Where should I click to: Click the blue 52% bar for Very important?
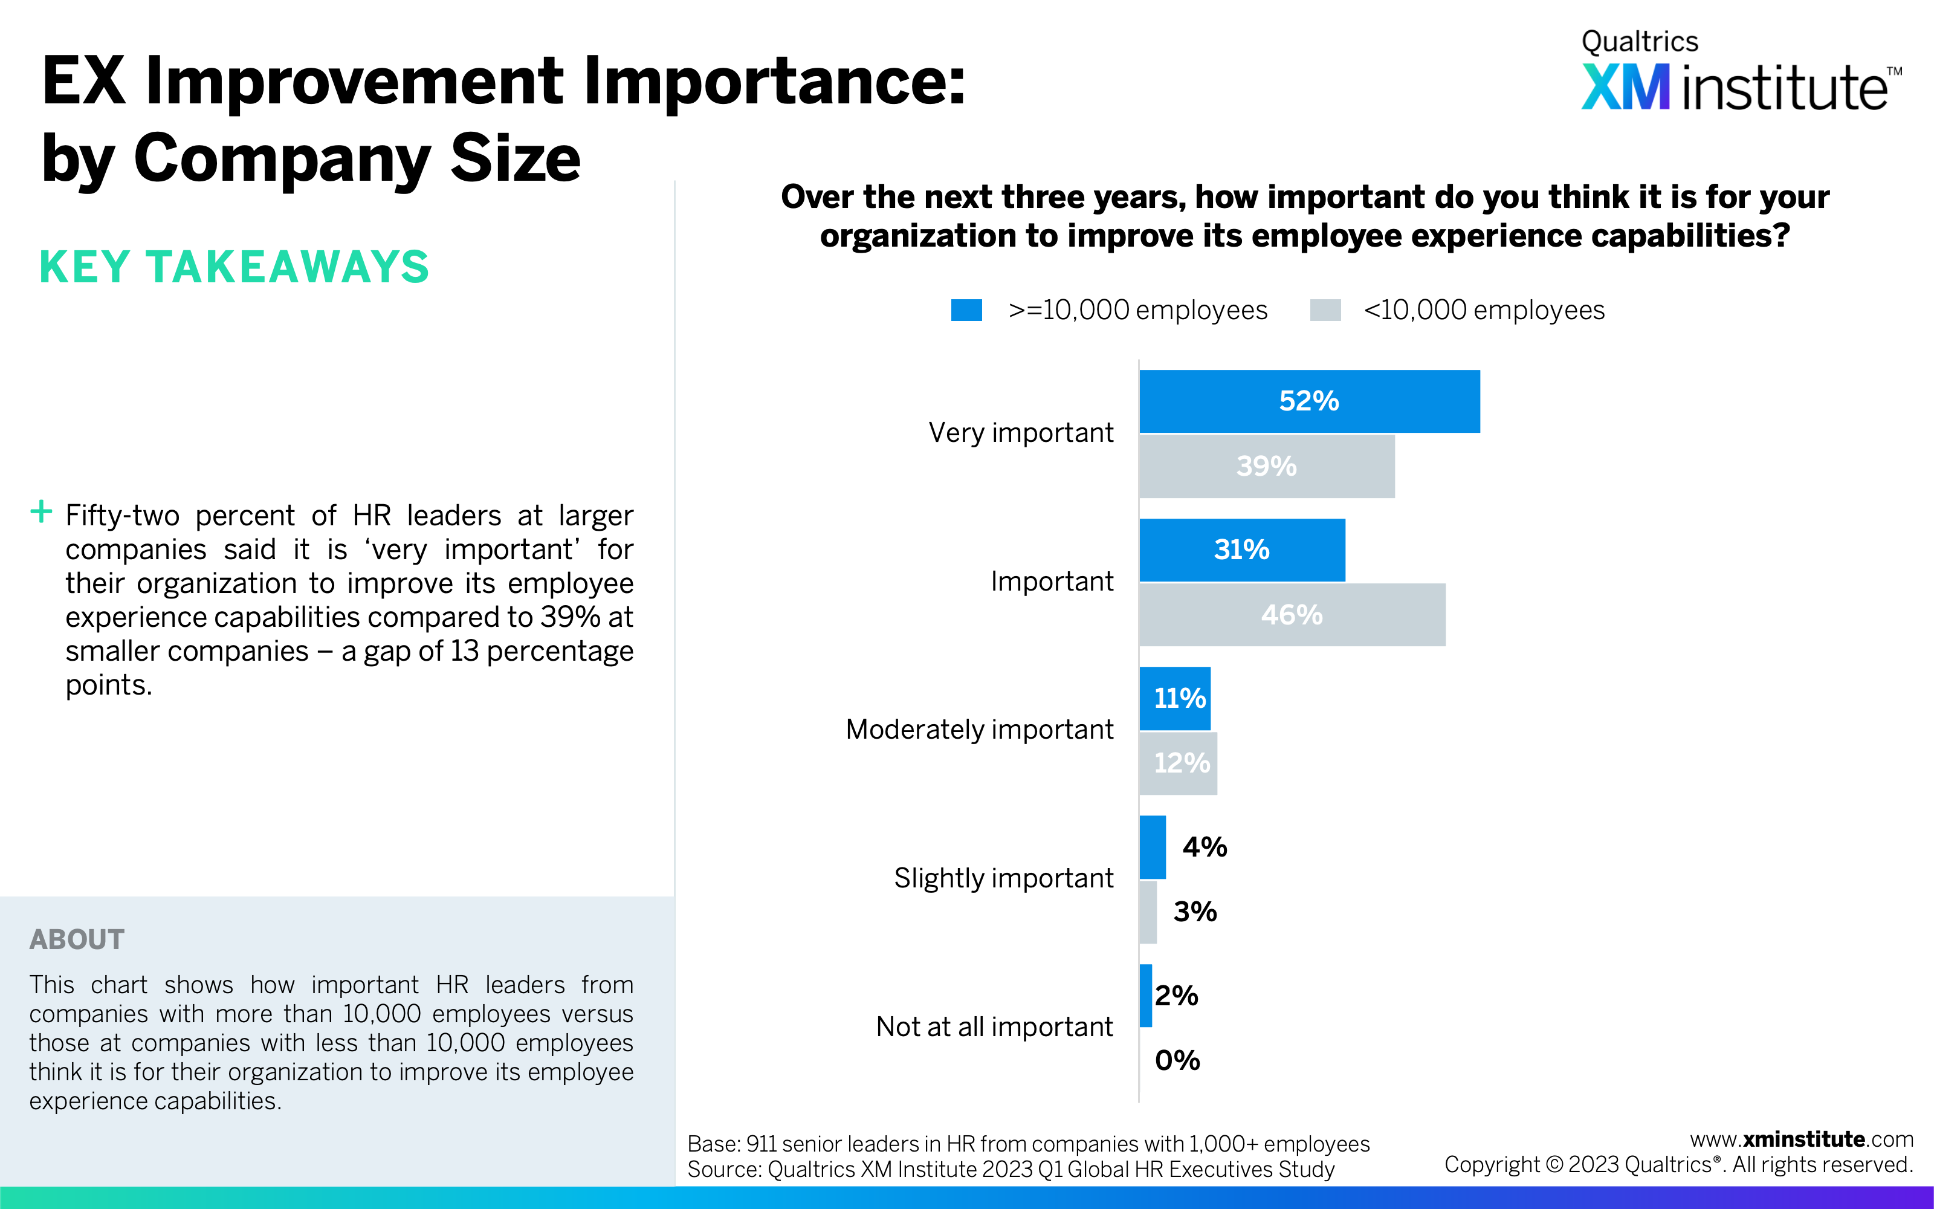point(1309,401)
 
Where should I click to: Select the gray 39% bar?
point(1267,466)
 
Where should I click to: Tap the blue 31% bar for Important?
point(1242,550)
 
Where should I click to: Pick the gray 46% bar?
point(1292,615)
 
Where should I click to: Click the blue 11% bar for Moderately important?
point(1175,698)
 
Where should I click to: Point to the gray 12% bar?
point(1178,763)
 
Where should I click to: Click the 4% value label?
point(1205,847)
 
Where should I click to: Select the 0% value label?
point(1177,1060)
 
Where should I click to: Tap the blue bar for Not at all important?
point(1145,996)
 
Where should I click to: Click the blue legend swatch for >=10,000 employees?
point(966,310)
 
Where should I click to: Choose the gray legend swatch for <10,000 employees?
point(1325,310)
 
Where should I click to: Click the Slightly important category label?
point(1003,878)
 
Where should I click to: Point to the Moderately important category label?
point(979,729)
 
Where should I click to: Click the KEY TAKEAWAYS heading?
point(234,267)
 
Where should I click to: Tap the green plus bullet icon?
point(40,512)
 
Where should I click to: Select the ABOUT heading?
point(77,939)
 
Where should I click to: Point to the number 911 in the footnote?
point(761,1144)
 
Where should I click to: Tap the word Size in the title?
point(516,158)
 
